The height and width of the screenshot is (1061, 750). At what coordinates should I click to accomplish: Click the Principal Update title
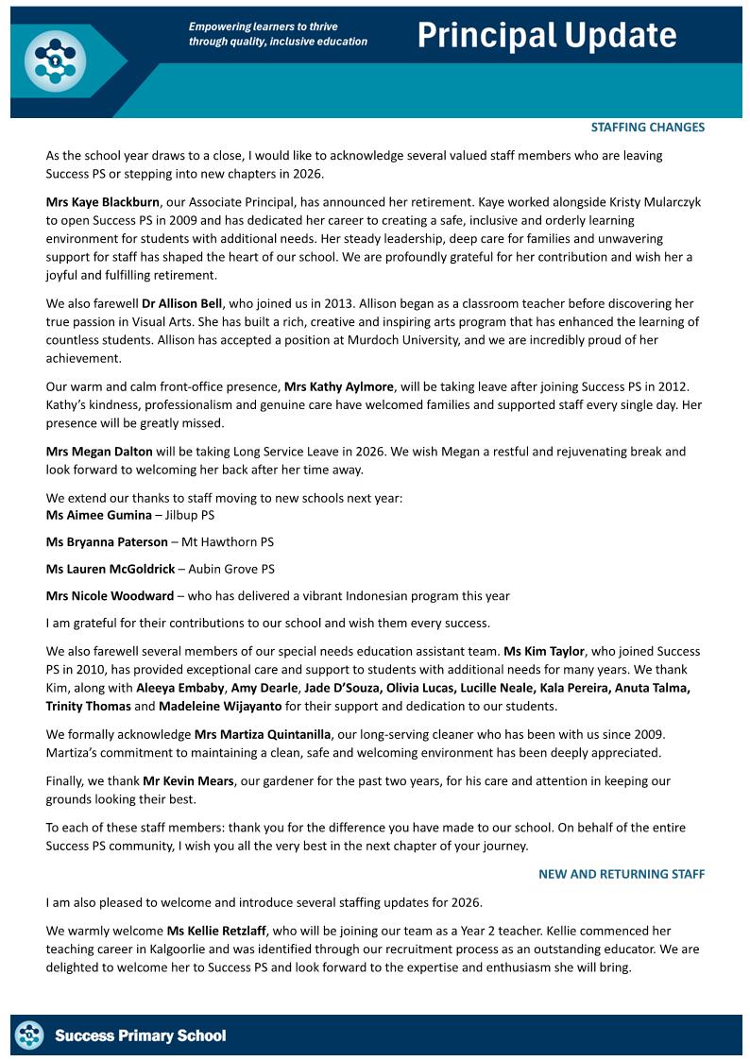click(547, 36)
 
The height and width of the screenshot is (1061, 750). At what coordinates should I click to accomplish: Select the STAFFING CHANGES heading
click(647, 127)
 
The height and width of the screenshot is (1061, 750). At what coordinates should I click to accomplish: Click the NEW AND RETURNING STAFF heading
click(622, 874)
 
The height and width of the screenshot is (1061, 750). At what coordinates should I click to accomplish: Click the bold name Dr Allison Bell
click(181, 303)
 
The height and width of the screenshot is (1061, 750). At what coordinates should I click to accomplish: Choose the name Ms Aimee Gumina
click(98, 515)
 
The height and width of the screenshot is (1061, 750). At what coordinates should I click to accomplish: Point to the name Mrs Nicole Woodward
click(110, 596)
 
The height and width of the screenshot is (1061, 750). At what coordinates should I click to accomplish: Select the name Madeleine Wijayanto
click(219, 706)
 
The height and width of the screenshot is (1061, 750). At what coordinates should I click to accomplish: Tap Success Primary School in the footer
click(140, 1035)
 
